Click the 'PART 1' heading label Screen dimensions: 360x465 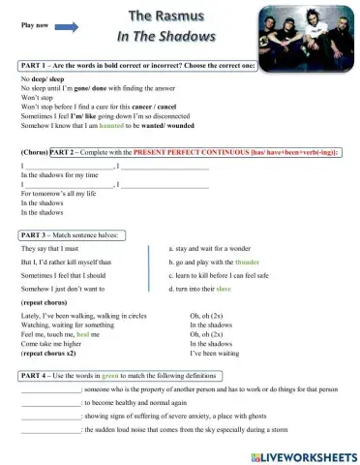[x=36, y=63]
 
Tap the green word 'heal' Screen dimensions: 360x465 [x=96, y=331]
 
